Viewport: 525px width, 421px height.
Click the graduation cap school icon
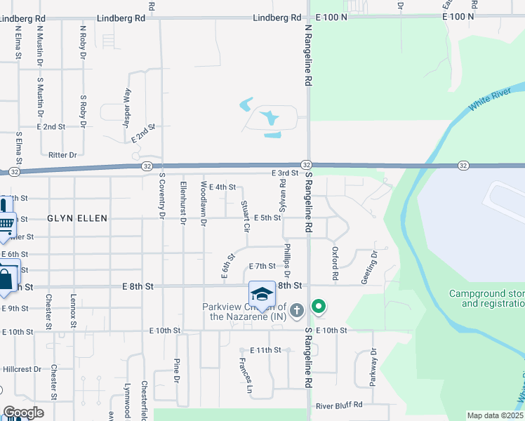click(x=262, y=294)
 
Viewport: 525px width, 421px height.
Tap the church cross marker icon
click(x=297, y=309)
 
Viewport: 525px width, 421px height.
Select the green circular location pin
click(x=319, y=307)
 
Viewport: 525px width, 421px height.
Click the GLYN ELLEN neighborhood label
click(x=77, y=219)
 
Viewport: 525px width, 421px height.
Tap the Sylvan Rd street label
click(x=282, y=192)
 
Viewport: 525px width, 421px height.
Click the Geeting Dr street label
click(x=369, y=267)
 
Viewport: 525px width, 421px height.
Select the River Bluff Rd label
click(x=339, y=406)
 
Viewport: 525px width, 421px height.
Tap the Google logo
click(x=22, y=413)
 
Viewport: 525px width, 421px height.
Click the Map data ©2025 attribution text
click(x=494, y=415)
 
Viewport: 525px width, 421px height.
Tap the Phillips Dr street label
click(x=286, y=260)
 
